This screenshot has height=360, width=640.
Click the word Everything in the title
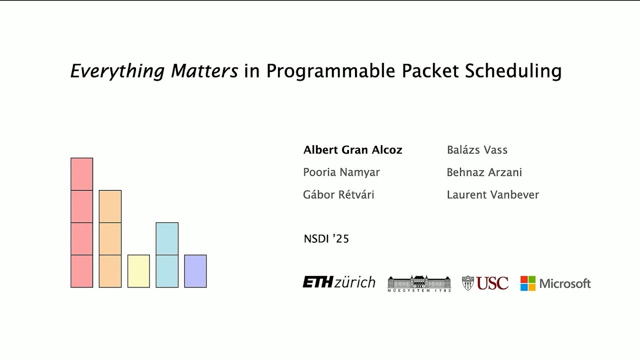[x=117, y=71]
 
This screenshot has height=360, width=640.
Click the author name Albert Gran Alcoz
[x=352, y=150]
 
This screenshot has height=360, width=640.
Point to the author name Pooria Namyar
[x=341, y=172]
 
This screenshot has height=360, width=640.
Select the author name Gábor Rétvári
[x=338, y=195]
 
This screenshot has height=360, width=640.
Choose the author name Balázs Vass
[x=476, y=150]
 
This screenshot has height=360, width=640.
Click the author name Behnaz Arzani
[x=484, y=172]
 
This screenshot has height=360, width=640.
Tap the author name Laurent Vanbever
[x=492, y=195]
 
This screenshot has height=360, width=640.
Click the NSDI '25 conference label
[x=326, y=239]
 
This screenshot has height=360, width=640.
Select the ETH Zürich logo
[x=338, y=282]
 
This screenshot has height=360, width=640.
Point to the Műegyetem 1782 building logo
[x=419, y=283]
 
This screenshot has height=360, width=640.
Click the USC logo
[x=485, y=283]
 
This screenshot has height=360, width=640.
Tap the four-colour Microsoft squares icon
[x=527, y=283]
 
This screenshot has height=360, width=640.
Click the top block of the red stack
[x=81, y=174]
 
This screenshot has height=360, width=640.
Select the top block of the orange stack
[x=110, y=206]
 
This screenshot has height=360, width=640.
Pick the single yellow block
[x=138, y=271]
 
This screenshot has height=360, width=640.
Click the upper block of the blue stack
[x=167, y=238]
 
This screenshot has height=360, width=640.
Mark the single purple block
[x=195, y=271]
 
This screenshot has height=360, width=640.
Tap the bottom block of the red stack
[x=81, y=271]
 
